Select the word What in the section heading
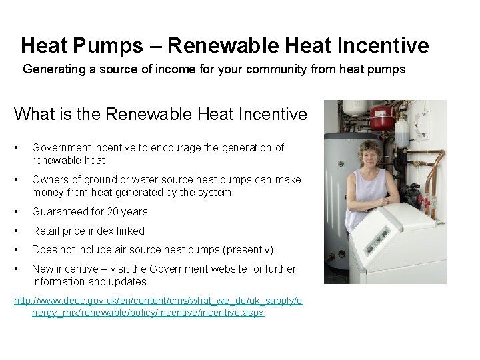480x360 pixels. click(33, 115)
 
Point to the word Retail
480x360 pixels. click(46, 231)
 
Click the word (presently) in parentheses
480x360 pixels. click(244, 250)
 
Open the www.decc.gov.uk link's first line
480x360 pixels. click(159, 301)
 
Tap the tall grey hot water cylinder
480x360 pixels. click(340, 200)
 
